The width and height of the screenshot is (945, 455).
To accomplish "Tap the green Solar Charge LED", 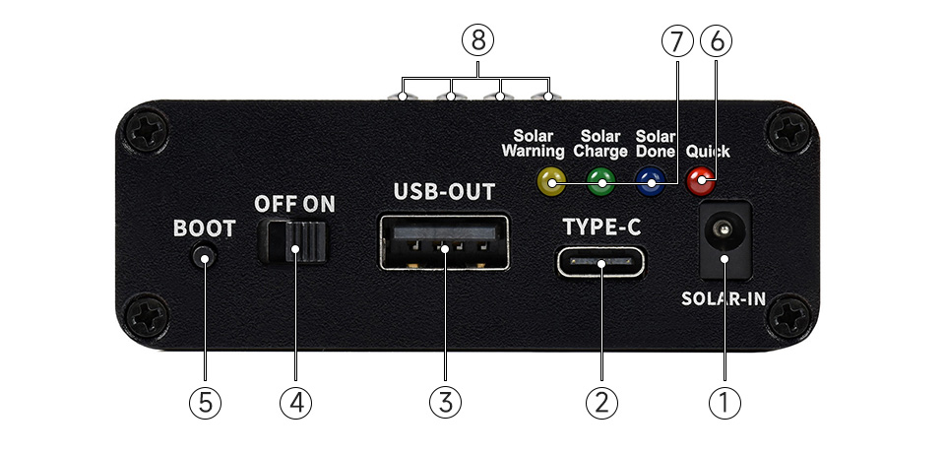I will coord(600,180).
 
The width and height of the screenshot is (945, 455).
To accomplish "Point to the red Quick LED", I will coord(701,179).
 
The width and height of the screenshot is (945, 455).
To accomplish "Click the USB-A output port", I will coord(444,242).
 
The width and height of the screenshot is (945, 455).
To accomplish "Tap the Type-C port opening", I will coord(601,263).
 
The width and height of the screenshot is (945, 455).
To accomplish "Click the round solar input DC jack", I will coord(724,236).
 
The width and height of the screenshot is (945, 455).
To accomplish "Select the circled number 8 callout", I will coord(476,41).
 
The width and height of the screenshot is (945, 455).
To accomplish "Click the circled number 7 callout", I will coord(677,41).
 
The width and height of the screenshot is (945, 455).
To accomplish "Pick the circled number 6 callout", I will coord(716,41).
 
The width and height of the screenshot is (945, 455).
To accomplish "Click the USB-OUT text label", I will coord(444,191).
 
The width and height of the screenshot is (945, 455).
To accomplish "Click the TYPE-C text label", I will coord(601,227).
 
